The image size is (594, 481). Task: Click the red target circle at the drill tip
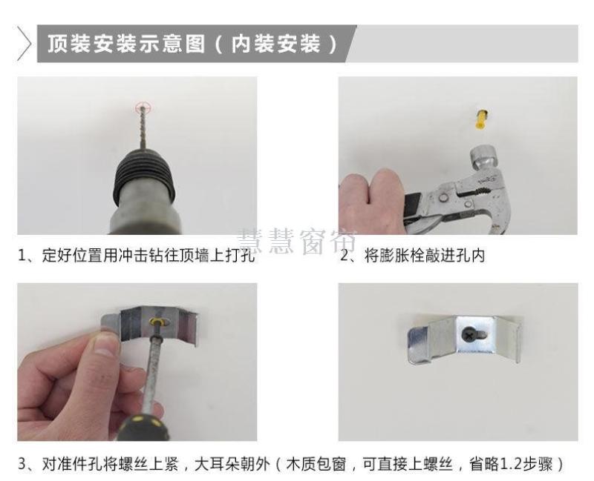pos(143,107)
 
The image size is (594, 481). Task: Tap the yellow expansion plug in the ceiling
pos(481,119)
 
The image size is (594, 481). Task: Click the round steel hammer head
pos(483,159)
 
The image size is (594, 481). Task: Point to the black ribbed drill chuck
pos(146,173)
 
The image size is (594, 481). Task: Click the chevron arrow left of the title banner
pos(24,44)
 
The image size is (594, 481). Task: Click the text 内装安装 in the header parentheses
pos(276,44)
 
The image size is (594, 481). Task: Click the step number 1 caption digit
pos(22,256)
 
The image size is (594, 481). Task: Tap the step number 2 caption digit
pos(344,256)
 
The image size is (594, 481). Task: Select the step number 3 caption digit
pos(22,465)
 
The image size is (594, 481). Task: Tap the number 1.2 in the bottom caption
pos(511,465)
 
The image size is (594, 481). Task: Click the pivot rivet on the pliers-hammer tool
pos(442,197)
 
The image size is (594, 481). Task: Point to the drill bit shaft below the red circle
pos(143,130)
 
